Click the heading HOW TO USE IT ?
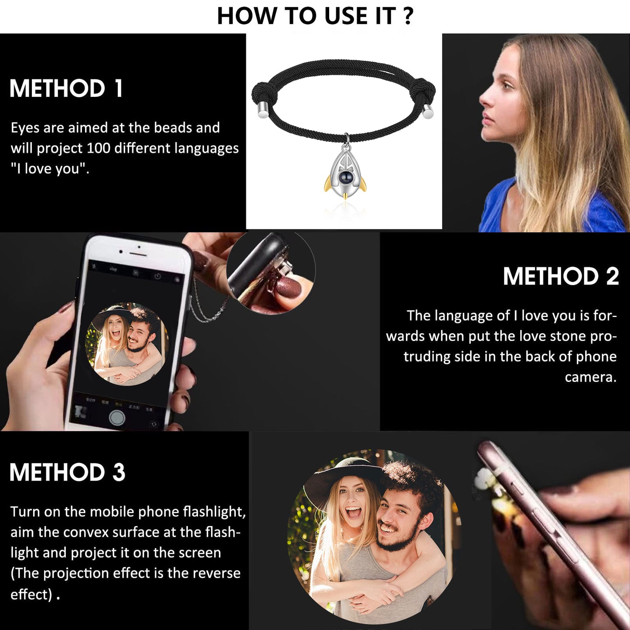click(x=315, y=16)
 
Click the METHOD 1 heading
click(x=66, y=89)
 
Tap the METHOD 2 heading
click(x=561, y=276)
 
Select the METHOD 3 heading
click(x=68, y=472)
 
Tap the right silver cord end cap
click(x=428, y=112)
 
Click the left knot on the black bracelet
click(x=264, y=93)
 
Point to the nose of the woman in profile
click(x=484, y=99)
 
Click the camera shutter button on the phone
click(x=117, y=417)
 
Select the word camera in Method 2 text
click(x=590, y=378)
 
